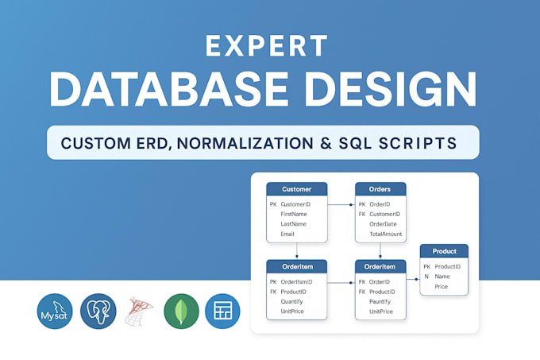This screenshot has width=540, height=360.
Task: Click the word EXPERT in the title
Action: (266, 45)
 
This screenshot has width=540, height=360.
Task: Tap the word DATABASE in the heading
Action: (168, 89)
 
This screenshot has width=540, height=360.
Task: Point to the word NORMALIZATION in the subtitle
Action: (245, 143)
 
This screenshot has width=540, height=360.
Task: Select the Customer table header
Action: (297, 189)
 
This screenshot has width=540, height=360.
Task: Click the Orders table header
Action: (380, 189)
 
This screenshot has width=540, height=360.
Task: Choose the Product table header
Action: (444, 251)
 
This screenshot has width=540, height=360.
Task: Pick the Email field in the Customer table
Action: (287, 234)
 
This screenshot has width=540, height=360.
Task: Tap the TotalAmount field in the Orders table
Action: (386, 234)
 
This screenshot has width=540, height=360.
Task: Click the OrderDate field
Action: (383, 224)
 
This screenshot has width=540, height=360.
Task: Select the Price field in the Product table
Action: (442, 287)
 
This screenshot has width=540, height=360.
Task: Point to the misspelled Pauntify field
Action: (380, 302)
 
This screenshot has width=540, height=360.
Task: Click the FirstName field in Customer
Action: (293, 214)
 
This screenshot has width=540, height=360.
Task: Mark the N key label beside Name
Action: (426, 277)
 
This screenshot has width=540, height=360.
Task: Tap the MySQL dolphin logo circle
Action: (55, 311)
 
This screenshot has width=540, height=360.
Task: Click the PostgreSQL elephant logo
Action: (98, 311)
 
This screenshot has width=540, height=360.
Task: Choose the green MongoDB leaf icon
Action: (182, 311)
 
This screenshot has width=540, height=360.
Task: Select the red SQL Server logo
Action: (139, 311)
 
